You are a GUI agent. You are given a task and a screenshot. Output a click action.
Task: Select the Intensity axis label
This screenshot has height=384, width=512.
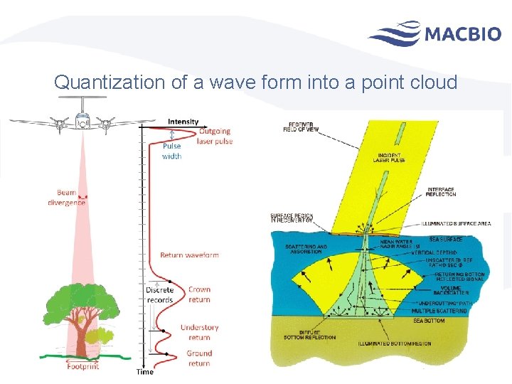click(183, 122)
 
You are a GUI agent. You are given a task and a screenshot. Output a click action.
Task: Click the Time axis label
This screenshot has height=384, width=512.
click(144, 371)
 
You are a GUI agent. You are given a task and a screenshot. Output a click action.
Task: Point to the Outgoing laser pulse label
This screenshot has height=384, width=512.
click(215, 136)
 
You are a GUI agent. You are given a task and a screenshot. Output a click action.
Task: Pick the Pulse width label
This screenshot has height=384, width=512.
click(172, 151)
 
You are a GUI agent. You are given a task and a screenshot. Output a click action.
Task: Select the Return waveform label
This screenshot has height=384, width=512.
click(189, 255)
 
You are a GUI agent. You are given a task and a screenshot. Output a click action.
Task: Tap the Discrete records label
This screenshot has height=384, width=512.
click(159, 294)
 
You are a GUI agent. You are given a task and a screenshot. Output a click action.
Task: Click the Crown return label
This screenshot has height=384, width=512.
click(199, 294)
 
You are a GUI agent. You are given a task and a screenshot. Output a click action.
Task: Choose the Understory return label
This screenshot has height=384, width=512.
click(200, 332)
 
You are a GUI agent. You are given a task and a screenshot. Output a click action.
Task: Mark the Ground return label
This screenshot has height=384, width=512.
click(199, 358)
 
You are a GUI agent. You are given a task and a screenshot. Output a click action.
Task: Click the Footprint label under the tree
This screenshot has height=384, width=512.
click(82, 366)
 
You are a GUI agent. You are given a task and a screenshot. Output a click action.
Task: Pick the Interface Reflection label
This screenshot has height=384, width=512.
click(442, 192)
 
